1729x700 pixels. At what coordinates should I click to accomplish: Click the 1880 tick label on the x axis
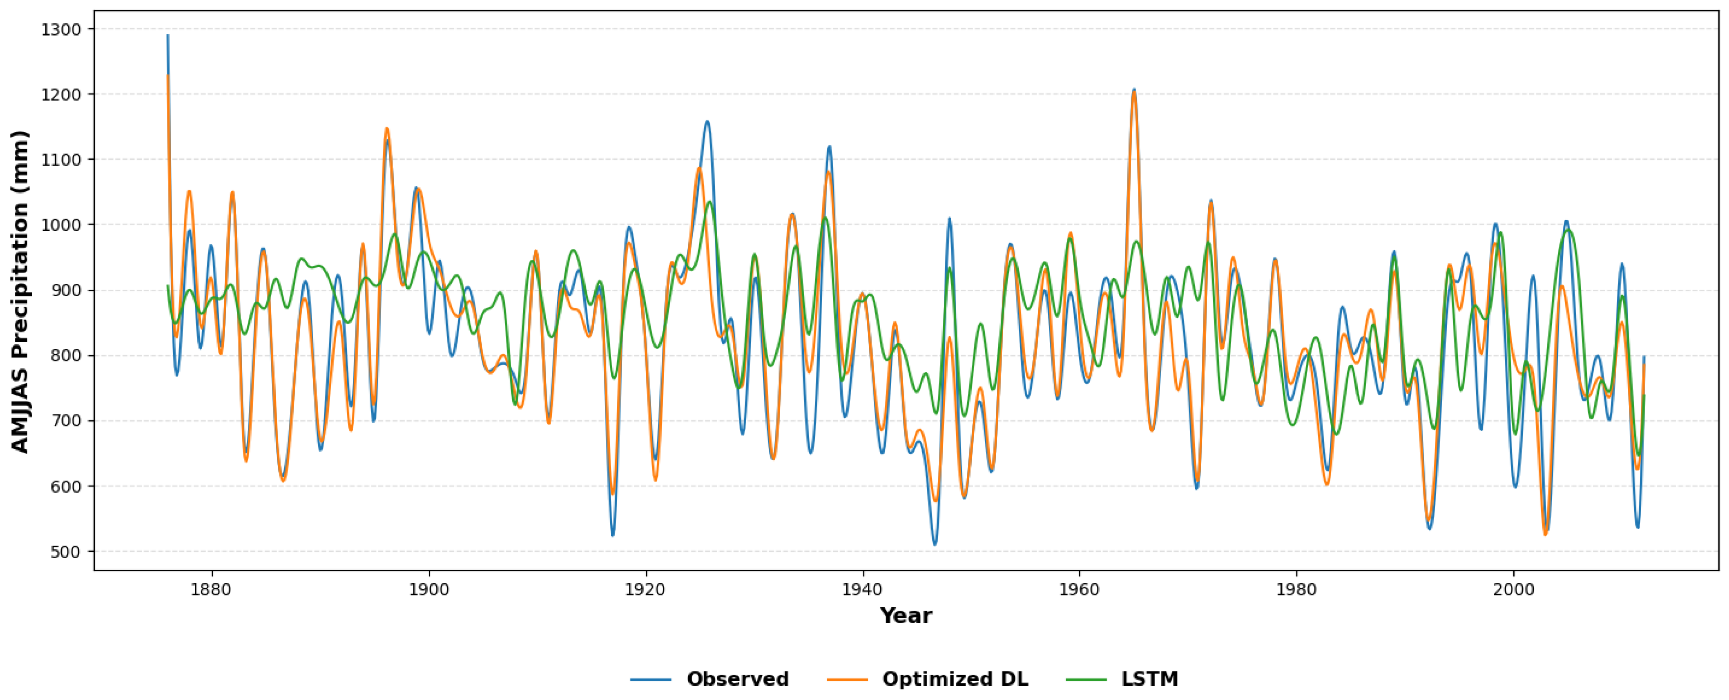pyautogui.click(x=212, y=589)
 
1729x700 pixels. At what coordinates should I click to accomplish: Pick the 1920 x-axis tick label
pyautogui.click(x=646, y=589)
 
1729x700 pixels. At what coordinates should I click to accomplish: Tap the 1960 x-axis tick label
pyautogui.click(x=1079, y=589)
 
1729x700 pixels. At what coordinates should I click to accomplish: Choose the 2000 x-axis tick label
pyautogui.click(x=1513, y=589)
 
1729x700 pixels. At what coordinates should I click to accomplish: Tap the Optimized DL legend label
pyautogui.click(x=955, y=679)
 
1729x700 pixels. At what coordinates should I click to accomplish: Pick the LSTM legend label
pyautogui.click(x=1149, y=679)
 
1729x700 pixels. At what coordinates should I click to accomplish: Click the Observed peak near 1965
pyautogui.click(x=1133, y=89)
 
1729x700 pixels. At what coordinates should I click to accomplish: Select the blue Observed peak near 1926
pyautogui.click(x=707, y=121)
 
